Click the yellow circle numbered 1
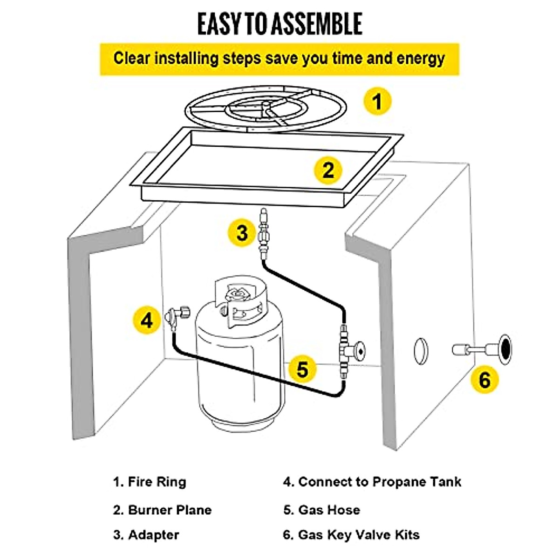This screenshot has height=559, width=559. click(377, 101)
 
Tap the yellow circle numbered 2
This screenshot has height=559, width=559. click(328, 170)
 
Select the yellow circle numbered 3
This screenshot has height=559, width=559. click(242, 232)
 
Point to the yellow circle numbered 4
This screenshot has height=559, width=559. click(147, 320)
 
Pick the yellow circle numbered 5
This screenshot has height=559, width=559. click(303, 369)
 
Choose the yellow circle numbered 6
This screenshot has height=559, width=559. click(484, 380)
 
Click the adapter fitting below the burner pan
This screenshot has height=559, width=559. click(264, 233)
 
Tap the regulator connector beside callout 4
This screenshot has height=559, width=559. click(176, 316)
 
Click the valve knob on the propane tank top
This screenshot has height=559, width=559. click(237, 295)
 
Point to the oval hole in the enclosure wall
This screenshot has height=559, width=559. click(421, 350)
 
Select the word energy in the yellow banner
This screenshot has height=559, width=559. click(420, 59)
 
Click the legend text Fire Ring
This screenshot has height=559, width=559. click(157, 482)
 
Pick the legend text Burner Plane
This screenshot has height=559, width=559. click(170, 510)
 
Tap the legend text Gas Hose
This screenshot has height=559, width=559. click(329, 510)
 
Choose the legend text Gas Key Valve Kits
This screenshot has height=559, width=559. click(359, 535)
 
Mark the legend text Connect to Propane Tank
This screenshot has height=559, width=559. click(380, 482)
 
